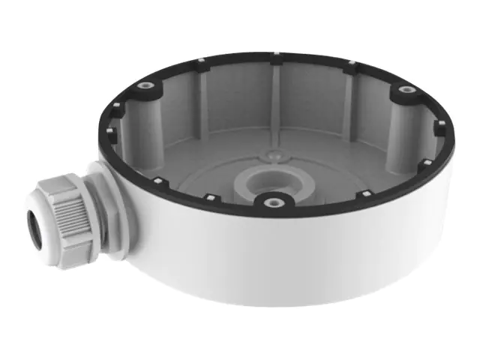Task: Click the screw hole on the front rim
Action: (268, 202)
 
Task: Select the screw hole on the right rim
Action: (407, 89)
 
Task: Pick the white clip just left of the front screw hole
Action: (211, 198)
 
